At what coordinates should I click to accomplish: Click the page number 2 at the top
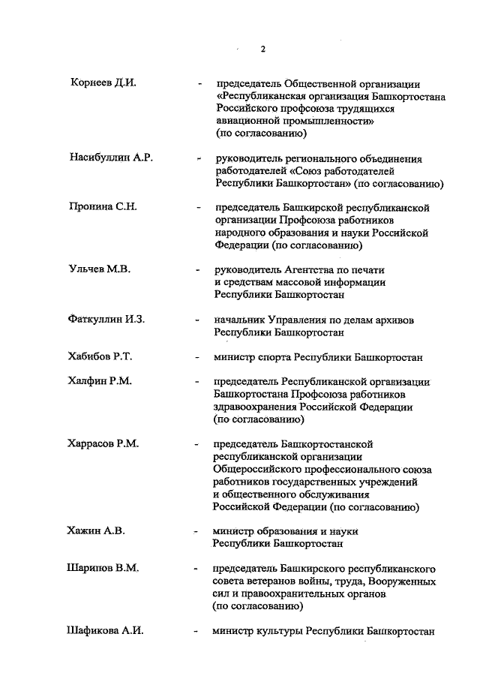(263, 50)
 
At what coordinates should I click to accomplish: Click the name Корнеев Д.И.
(102, 83)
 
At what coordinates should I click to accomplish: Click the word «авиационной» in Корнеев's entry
(245, 121)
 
